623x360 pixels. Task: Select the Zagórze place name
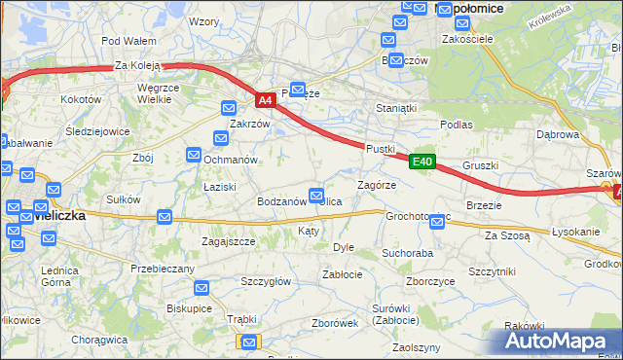(377, 185)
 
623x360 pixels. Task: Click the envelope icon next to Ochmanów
(195, 154)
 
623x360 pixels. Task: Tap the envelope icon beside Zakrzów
(229, 108)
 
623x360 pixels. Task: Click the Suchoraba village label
(407, 253)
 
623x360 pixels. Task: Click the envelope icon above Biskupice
(201, 288)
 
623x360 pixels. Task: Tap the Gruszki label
(481, 165)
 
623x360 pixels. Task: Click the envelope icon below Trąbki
(249, 342)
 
